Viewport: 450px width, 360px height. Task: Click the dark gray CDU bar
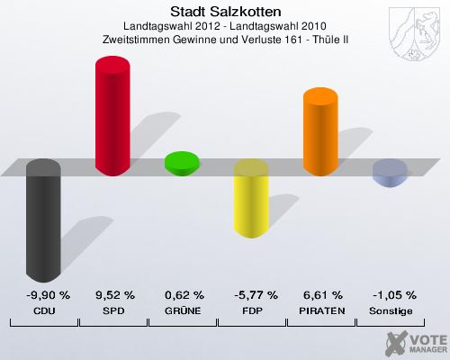(43, 220)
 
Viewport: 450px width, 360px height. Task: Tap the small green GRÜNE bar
(181, 162)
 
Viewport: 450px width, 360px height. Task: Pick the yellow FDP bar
(251, 200)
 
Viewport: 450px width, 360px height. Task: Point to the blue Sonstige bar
(390, 172)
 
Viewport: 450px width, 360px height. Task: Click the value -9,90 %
(44, 294)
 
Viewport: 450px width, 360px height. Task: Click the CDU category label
(44, 310)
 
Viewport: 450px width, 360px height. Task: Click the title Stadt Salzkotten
(225, 13)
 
